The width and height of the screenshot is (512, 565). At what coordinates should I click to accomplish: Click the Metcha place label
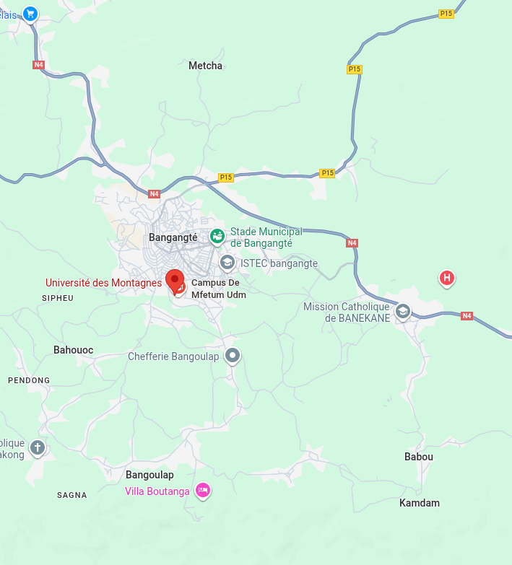[x=205, y=66]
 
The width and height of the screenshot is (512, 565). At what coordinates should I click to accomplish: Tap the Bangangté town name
[x=173, y=237]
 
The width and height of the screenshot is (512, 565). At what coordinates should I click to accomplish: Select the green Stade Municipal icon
[x=217, y=235]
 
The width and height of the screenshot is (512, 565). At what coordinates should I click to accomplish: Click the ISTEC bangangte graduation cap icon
[x=227, y=262]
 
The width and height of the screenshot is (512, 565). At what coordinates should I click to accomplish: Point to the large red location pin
[x=174, y=279]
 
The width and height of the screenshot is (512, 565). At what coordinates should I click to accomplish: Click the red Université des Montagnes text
[x=103, y=283]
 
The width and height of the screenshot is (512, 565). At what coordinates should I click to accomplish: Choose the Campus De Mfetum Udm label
[x=218, y=289]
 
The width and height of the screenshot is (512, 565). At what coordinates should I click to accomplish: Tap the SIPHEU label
[x=58, y=298]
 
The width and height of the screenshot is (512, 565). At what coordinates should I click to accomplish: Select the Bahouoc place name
[x=73, y=350]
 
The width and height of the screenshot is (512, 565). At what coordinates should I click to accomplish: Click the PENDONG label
[x=29, y=380]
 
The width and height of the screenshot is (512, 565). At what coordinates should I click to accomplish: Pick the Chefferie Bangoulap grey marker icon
[x=232, y=355]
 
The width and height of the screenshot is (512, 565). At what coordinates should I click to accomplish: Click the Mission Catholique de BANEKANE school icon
[x=403, y=311]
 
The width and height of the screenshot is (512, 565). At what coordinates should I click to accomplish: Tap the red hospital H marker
[x=447, y=277]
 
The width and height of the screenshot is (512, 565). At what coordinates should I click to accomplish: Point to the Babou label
[x=419, y=457]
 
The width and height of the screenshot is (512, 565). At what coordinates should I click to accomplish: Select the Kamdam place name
[x=420, y=503]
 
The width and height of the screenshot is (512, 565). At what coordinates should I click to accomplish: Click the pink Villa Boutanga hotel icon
[x=204, y=490]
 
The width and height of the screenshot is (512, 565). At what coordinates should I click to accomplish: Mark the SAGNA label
[x=72, y=495]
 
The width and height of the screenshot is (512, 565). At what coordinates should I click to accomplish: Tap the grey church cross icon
[x=38, y=448]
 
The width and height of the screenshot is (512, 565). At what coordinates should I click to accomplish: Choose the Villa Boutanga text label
[x=157, y=491]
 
